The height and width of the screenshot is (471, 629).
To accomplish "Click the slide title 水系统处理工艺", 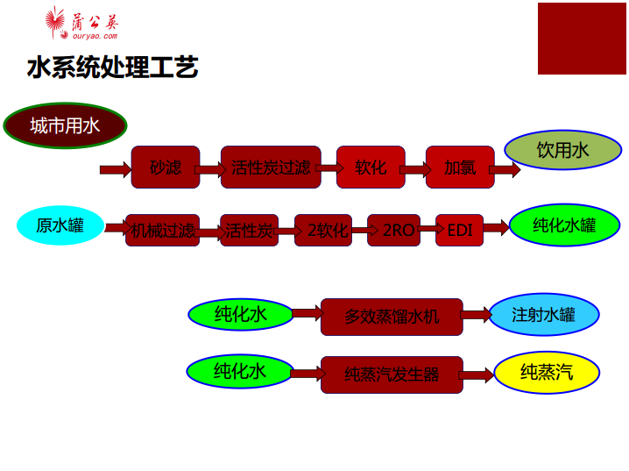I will [113, 67].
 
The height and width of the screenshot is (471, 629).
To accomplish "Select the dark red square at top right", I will [582, 39].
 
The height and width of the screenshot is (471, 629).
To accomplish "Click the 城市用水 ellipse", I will [66, 125].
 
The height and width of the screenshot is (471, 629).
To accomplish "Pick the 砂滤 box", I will [166, 167].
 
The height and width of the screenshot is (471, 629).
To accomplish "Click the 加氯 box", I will [460, 167].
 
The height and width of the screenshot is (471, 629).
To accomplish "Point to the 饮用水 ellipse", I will [562, 150].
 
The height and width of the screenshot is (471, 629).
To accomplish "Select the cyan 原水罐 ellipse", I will [60, 225].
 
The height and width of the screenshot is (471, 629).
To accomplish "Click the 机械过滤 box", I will [163, 230].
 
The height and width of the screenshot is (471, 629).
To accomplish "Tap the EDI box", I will [460, 230].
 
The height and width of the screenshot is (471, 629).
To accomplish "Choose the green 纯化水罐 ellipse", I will [564, 225].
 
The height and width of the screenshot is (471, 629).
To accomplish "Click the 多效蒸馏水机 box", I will [392, 317].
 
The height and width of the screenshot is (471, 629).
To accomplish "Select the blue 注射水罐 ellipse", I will [544, 315].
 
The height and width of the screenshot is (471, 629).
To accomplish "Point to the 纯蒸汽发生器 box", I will [392, 375].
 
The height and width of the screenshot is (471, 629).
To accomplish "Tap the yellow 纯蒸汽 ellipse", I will [547, 372].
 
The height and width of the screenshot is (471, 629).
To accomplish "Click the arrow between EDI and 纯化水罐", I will [496, 228].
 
